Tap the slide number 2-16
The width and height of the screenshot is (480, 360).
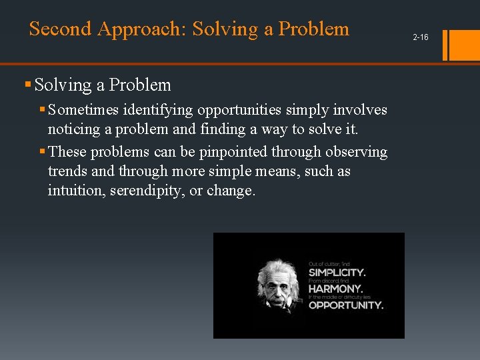point(420,37)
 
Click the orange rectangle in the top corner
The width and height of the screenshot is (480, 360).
point(465,45)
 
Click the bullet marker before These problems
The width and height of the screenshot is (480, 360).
point(43,152)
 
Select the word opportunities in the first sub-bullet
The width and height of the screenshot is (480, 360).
point(239,109)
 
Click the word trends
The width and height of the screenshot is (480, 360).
point(67,171)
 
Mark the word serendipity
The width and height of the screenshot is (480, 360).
point(157,191)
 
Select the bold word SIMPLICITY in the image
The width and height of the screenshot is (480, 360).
point(337,273)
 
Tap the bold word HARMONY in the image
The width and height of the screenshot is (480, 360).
point(335,289)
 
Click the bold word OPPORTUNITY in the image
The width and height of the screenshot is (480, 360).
point(345,305)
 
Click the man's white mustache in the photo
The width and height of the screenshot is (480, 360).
point(279,298)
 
